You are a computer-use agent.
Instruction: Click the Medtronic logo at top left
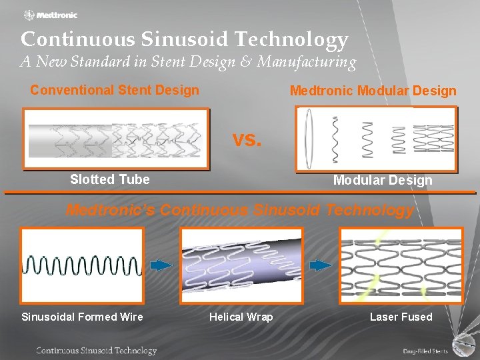tap(51, 15)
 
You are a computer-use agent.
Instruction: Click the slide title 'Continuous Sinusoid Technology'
tap(185, 39)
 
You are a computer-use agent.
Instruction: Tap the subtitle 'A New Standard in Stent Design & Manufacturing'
tap(189, 62)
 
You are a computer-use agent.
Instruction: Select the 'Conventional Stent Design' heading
tap(115, 90)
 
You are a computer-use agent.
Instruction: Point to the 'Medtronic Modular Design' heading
tap(373, 91)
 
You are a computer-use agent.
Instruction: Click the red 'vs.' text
tap(247, 140)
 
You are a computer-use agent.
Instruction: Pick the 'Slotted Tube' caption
tap(110, 179)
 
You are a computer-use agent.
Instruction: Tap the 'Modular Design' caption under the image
tap(383, 180)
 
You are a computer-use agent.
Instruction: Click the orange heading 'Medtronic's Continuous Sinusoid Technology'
tap(240, 210)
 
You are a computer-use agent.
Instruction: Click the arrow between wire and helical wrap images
tap(161, 265)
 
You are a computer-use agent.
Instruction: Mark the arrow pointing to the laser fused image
tap(321, 265)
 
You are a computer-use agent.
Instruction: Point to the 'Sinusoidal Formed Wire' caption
tap(82, 317)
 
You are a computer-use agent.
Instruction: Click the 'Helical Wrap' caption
tap(241, 317)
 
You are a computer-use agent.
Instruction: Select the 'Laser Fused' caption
tap(401, 317)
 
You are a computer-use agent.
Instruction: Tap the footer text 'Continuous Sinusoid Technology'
tap(97, 351)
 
